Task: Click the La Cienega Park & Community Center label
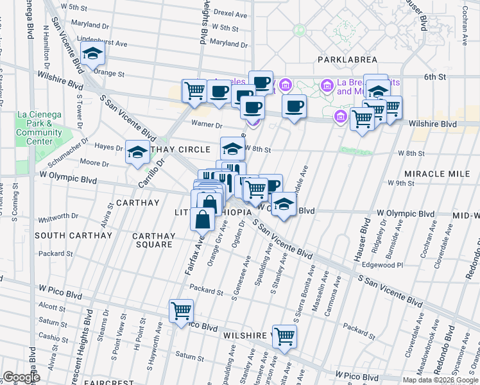(39, 128)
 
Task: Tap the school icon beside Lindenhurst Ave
(94, 55)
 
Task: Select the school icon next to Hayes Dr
(137, 153)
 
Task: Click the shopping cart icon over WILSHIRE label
(284, 336)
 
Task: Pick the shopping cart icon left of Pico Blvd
(181, 311)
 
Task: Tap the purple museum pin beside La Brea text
(327, 85)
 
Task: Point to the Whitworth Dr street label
(54, 219)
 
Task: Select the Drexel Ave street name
(230, 13)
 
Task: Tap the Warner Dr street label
(206, 124)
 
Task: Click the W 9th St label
(402, 183)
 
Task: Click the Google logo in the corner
(21, 377)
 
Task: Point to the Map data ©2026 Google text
(440, 380)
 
